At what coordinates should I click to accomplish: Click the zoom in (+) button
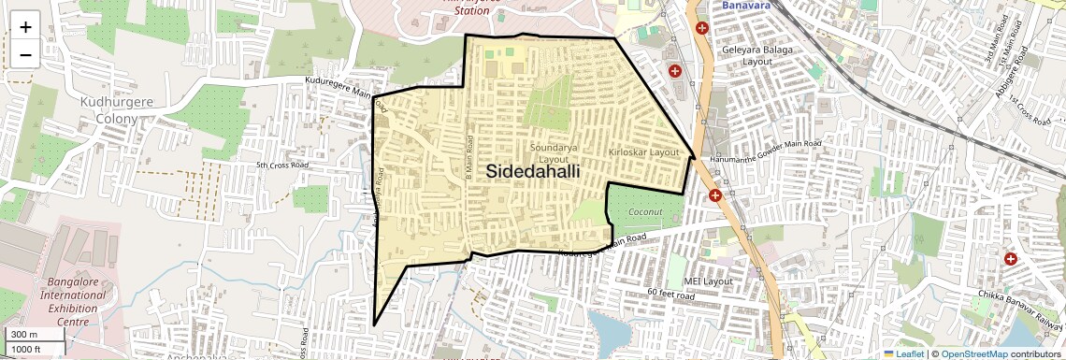[x=25, y=27]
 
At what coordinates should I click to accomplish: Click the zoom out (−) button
[x=25, y=54]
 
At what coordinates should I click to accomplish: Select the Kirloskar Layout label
[x=642, y=151]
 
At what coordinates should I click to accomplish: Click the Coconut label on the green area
[x=645, y=212]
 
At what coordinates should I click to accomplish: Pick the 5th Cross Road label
[x=282, y=166]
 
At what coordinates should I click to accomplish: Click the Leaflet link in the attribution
[x=905, y=353]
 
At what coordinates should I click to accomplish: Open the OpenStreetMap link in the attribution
[x=973, y=353]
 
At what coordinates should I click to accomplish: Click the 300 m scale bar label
[x=24, y=335]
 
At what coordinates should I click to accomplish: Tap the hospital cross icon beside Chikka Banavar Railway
[x=1010, y=258]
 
